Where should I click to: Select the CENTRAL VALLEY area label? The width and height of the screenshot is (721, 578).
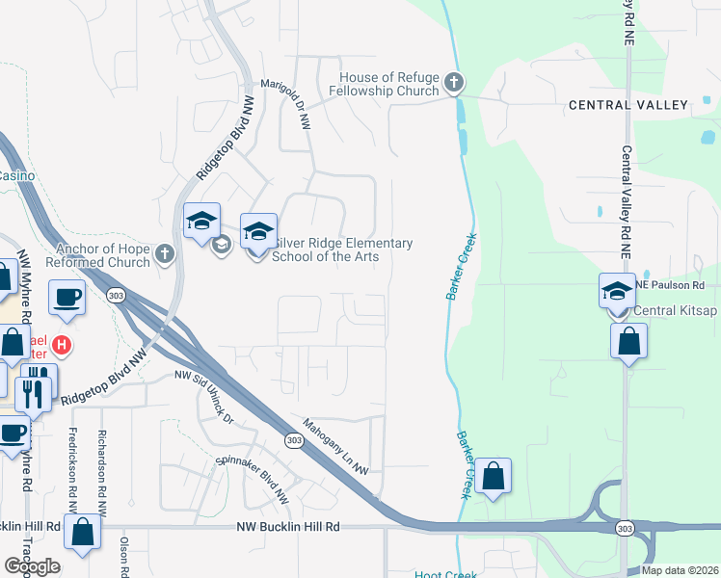(x=628, y=105)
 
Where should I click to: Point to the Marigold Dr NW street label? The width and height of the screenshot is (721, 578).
(x=291, y=105)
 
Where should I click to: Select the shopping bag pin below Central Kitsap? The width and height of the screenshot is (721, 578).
(x=628, y=341)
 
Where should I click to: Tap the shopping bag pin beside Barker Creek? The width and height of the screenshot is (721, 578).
(x=493, y=476)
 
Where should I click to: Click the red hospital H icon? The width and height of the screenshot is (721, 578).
(x=62, y=344)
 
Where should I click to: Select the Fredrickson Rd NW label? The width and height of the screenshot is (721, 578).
(x=73, y=470)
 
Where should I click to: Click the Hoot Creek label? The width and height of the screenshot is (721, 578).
(x=446, y=575)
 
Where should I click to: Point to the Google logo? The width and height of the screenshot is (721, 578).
(x=32, y=566)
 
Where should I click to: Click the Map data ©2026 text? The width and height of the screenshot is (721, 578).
(x=679, y=570)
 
